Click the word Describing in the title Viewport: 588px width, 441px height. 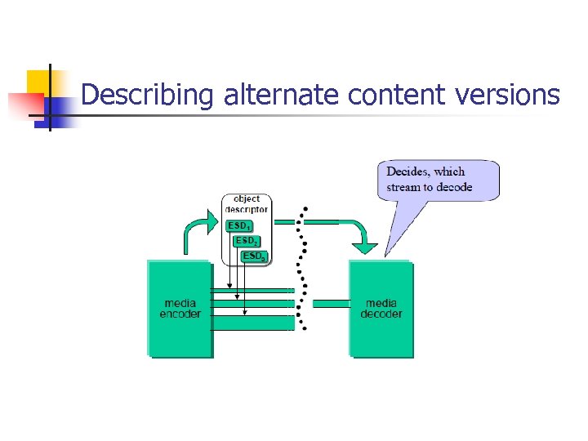pyautogui.click(x=147, y=96)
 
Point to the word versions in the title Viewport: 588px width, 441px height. pyautogui.click(x=506, y=96)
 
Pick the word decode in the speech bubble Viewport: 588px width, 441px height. pyautogui.click(x=454, y=187)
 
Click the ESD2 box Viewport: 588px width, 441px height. pyautogui.click(x=246, y=241)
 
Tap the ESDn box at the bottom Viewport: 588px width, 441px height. pyautogui.click(x=253, y=256)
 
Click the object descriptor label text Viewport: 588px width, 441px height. pyautogui.click(x=247, y=203)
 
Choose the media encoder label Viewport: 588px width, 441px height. pyautogui.click(x=180, y=309)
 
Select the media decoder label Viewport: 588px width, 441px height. pyautogui.click(x=381, y=309)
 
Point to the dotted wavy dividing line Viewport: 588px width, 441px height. pyautogui.click(x=303, y=269)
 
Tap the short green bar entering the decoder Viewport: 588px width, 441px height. pyautogui.click(x=331, y=304)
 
